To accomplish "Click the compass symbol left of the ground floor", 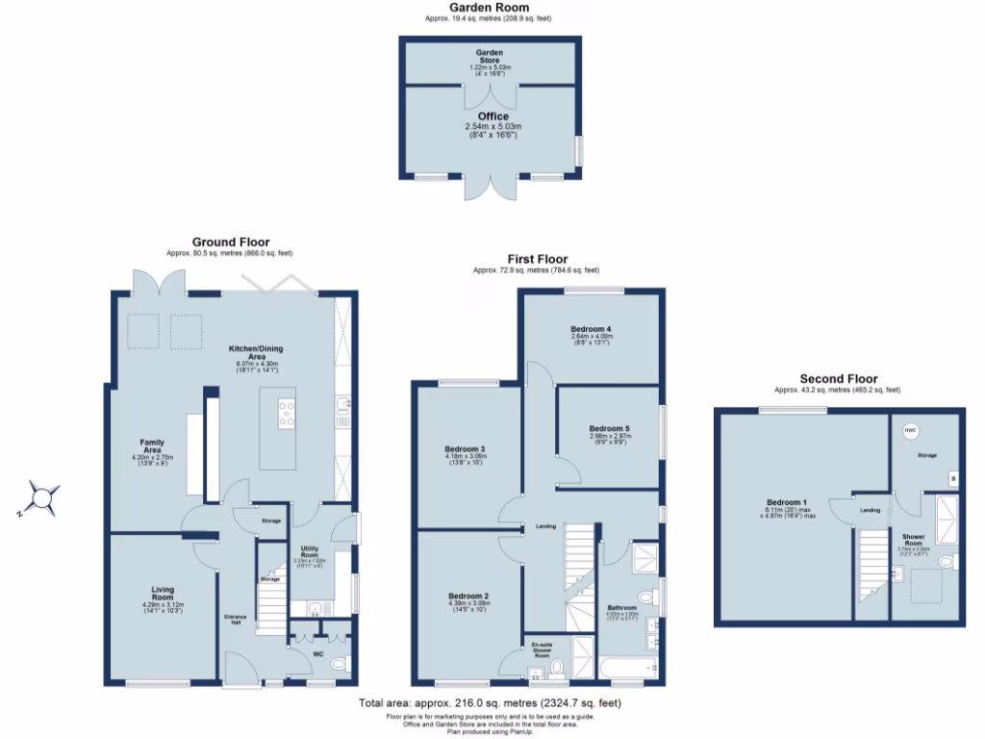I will pos(43,497).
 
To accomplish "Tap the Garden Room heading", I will pos(489,8).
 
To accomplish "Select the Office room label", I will pos(492,116).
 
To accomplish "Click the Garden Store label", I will pos(491,56).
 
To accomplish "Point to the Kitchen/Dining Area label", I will pos(256,352).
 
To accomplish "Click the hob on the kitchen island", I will pos(287,413).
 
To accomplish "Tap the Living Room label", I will pos(162,593).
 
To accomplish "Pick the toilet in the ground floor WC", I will pos(338,664).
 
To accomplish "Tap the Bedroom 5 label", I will pos(608,428).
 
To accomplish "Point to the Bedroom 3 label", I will pos(464,449).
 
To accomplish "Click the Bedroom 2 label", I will pos(468,597).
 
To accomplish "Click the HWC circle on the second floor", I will pos(910,430).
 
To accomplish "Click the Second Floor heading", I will pos(838,379).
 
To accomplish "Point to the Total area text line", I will pos(489,703).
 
